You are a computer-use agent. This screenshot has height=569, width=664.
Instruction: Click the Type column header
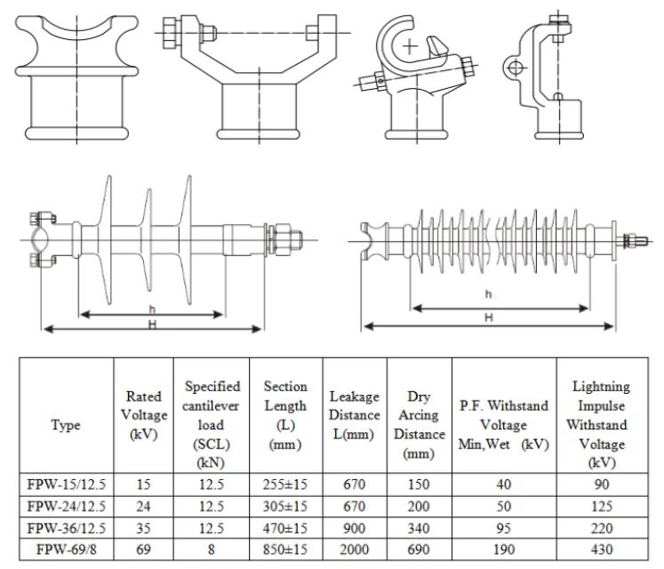point(66,426)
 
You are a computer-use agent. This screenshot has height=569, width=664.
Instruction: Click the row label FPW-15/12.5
point(66,485)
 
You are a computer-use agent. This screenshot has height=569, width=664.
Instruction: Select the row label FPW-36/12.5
point(66,528)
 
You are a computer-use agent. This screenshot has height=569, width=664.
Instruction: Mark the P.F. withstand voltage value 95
point(503,528)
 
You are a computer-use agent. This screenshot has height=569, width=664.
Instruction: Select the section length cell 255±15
point(285,485)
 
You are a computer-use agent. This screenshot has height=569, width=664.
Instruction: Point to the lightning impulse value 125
point(602,507)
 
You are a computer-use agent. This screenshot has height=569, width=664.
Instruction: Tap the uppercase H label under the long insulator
point(488,318)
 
